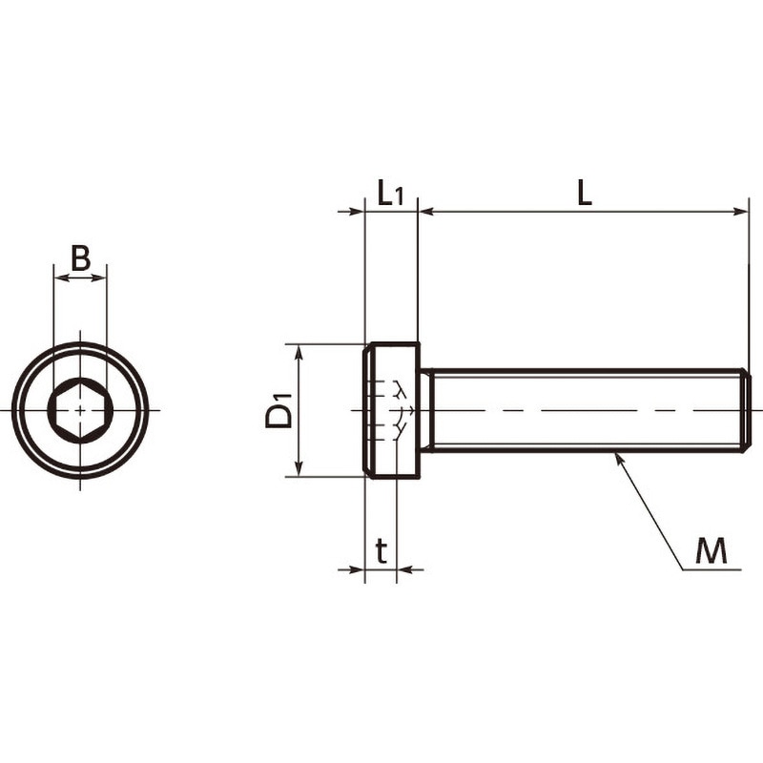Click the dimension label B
point(81,258)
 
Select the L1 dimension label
point(390,193)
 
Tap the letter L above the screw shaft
point(585,193)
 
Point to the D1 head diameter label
point(278,410)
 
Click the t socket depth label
point(382,550)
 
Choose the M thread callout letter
point(711,551)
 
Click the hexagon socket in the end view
point(80,410)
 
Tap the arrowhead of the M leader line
point(618,458)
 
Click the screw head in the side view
point(392,410)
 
